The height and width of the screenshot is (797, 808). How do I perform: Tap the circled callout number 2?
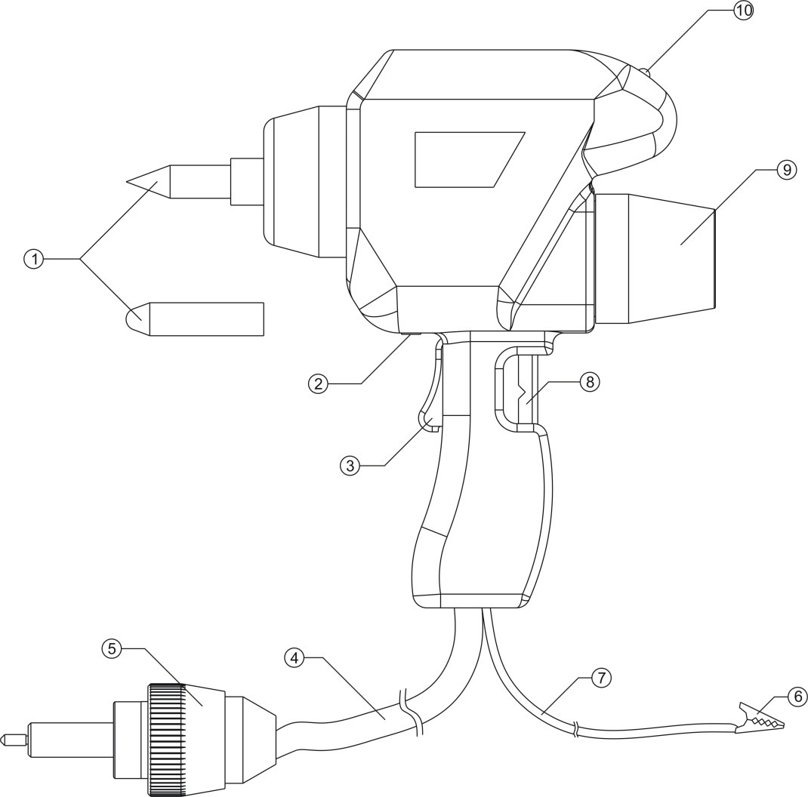[319, 383]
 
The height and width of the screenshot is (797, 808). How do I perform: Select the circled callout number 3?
[349, 465]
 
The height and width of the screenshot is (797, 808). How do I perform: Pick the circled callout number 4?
[295, 658]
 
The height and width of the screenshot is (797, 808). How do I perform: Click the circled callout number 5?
[111, 648]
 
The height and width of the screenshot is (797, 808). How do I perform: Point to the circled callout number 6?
[796, 696]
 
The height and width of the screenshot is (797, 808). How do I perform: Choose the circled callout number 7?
[600, 677]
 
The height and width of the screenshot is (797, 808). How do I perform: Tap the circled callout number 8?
[589, 382]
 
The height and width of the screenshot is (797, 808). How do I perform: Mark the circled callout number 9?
[787, 170]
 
